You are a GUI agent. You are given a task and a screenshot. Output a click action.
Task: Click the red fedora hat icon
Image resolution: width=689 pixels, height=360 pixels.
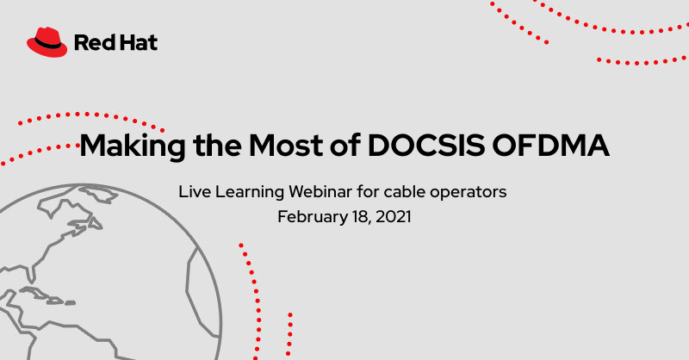point(47,40)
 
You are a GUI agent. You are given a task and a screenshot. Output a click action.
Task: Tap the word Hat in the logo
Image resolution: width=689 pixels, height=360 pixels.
point(138,42)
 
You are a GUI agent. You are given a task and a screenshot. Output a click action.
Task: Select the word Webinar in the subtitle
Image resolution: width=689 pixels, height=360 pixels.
point(327,191)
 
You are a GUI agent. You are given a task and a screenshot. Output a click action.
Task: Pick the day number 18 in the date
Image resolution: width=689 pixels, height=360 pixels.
point(358,216)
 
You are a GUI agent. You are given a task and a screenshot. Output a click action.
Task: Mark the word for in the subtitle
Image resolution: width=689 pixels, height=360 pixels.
point(372,191)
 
